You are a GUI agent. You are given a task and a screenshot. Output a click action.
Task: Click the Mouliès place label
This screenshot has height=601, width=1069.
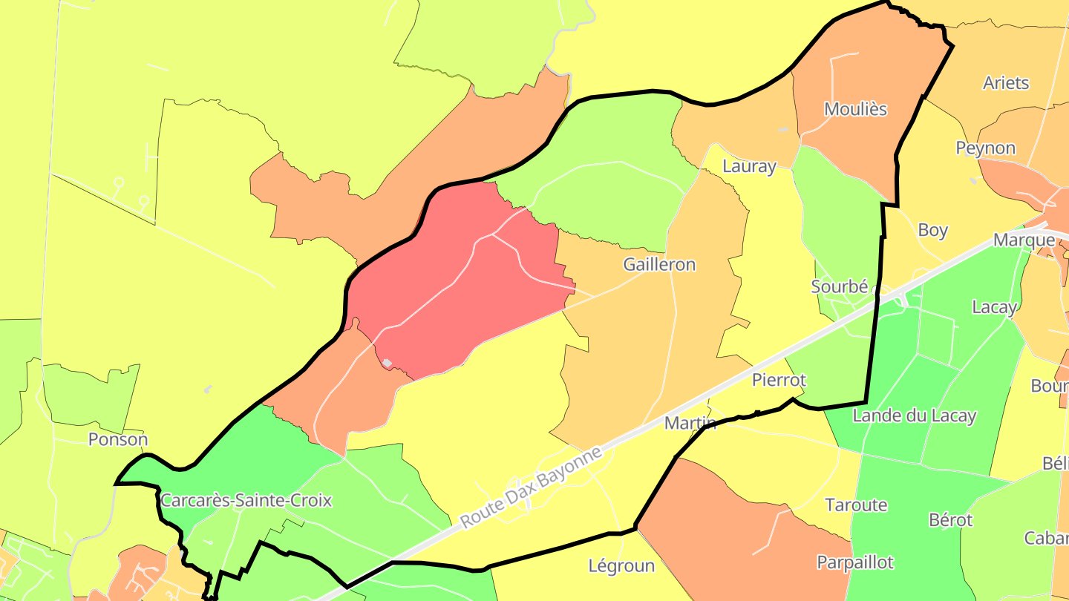[x=855, y=109]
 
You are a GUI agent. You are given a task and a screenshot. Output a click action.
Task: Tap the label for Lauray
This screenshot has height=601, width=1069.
[x=749, y=166]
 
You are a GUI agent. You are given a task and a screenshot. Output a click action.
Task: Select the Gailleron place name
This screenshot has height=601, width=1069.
[x=659, y=264]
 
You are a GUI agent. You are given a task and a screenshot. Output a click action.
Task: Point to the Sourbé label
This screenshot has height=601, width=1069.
[x=840, y=286]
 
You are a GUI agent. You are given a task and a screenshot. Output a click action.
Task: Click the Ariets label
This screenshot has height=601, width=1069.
[x=1006, y=82]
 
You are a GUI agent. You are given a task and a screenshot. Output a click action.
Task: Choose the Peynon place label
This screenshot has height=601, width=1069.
[x=985, y=148]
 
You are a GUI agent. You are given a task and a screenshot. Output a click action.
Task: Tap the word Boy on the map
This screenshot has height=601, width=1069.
[x=932, y=230]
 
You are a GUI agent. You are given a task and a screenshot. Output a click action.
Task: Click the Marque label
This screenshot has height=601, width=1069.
[x=1024, y=240]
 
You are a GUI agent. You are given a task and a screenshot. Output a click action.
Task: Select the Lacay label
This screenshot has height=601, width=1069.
[x=994, y=306]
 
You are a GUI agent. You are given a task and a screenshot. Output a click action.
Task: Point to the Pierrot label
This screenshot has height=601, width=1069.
[x=779, y=380]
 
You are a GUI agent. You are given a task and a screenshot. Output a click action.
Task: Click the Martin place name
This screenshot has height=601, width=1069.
[x=690, y=423]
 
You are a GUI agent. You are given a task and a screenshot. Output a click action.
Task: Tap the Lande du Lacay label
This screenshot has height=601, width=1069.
[x=914, y=416]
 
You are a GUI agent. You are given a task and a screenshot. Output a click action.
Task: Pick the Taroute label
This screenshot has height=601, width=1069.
[x=856, y=505]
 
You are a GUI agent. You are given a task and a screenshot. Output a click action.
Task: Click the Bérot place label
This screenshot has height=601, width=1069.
[x=950, y=520]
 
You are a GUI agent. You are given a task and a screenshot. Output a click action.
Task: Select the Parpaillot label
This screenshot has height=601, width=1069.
[x=855, y=562]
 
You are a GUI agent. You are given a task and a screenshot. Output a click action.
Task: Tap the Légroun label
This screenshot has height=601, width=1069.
[x=621, y=566]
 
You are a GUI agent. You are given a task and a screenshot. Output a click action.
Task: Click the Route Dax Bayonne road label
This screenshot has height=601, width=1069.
[x=531, y=487]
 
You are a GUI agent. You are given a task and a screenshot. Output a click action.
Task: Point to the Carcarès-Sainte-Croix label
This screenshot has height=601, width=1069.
[x=246, y=500]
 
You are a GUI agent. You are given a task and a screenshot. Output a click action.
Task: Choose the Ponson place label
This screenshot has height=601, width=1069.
[x=118, y=439]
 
